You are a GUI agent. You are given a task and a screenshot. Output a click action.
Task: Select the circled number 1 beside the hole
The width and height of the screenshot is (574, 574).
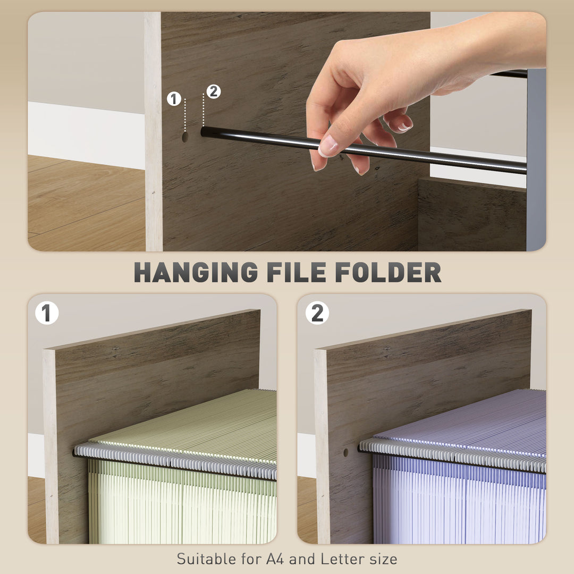(174, 99)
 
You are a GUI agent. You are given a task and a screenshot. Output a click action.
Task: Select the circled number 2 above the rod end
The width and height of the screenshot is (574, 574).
(213, 91)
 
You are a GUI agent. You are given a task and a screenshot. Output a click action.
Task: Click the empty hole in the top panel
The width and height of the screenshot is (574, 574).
(185, 137)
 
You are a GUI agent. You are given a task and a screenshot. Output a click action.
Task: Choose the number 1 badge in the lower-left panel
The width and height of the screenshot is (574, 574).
(47, 313)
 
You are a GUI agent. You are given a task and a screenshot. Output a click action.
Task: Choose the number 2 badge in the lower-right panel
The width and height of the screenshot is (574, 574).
(317, 313)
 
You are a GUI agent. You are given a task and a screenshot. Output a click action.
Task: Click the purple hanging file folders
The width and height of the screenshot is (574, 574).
(457, 500)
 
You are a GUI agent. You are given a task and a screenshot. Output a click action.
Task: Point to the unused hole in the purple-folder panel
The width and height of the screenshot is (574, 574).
(346, 452)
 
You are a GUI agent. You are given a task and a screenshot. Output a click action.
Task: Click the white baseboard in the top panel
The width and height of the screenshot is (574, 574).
(85, 136)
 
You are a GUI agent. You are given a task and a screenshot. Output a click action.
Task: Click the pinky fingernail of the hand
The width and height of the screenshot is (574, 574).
(405, 128)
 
